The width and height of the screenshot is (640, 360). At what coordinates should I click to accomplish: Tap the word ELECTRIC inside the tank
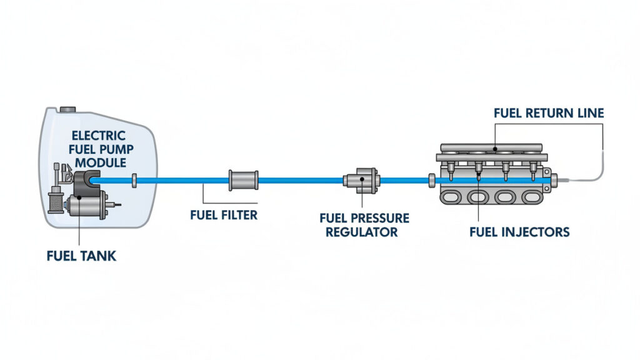click(x=98, y=136)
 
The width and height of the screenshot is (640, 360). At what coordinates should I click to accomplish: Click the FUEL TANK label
click(x=81, y=256)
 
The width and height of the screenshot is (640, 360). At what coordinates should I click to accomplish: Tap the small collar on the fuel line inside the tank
click(x=134, y=181)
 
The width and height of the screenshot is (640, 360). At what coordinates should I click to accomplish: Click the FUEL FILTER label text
click(x=223, y=216)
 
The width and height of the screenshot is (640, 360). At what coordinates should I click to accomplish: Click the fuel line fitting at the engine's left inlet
click(x=431, y=181)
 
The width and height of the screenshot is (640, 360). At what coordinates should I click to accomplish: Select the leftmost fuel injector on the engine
click(x=449, y=169)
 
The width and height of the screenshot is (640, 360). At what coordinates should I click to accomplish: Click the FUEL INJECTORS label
click(x=519, y=232)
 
